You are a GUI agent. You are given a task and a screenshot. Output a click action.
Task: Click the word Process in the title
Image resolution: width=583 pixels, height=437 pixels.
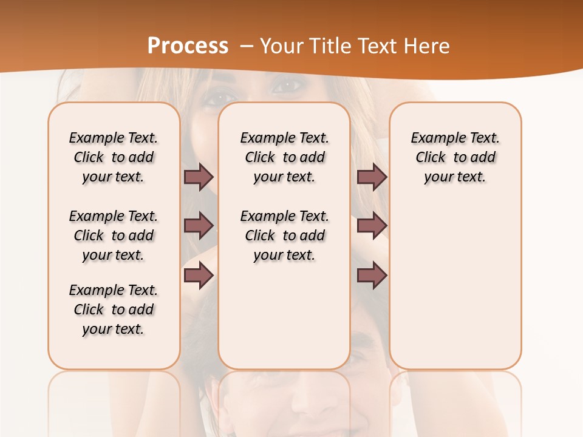[188, 46]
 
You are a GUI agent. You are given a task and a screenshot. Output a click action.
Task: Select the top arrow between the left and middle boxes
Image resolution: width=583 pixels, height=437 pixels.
[199, 177]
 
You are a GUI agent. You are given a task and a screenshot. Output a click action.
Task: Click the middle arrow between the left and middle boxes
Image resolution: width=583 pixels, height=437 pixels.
[199, 226]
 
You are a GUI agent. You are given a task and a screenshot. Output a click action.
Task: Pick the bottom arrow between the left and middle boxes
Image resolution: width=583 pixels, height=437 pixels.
[199, 276]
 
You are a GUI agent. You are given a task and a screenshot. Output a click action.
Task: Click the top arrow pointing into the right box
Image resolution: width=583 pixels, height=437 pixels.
[372, 177]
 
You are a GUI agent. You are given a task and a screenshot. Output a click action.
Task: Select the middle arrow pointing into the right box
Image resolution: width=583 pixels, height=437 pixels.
[372, 226]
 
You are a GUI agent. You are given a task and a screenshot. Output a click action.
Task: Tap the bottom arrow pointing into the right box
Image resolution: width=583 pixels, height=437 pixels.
[372, 276]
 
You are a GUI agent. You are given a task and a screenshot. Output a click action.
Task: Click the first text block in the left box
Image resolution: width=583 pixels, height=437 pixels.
[114, 157]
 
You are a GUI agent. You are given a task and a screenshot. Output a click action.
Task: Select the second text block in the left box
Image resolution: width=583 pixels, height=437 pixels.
[114, 235]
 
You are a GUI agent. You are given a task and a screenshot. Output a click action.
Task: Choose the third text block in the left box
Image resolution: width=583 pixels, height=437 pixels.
[114, 310]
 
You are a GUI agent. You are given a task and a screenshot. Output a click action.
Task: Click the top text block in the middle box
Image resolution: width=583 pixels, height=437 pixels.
[284, 157]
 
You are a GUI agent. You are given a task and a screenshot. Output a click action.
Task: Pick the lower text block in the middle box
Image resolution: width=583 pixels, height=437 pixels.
[284, 235]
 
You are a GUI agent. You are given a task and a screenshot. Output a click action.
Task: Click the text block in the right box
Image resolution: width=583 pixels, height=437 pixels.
[455, 157]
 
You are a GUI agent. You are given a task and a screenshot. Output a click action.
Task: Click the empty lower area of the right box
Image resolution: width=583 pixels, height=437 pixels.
[455, 291]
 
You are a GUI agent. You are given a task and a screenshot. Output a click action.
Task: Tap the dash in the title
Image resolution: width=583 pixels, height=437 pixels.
[247, 46]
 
